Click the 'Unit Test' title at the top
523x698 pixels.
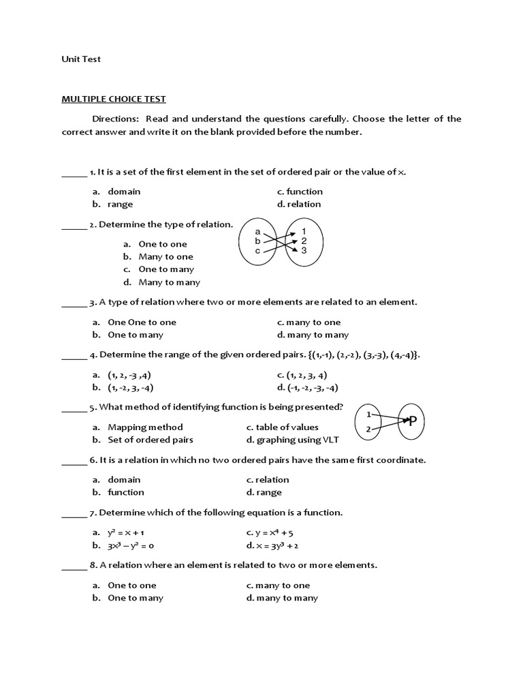pyautogui.click(x=81, y=59)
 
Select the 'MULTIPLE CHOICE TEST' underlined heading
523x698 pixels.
pyautogui.click(x=114, y=99)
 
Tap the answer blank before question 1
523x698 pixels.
pyautogui.click(x=74, y=173)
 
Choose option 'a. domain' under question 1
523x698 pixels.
pyautogui.click(x=124, y=192)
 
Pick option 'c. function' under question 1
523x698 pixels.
pyautogui.click(x=300, y=192)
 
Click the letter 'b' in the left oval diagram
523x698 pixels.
pyautogui.click(x=257, y=241)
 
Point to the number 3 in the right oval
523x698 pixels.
pyautogui.click(x=304, y=250)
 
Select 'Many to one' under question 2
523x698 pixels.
pyautogui.click(x=165, y=257)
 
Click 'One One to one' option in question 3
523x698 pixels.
pyautogui.click(x=142, y=322)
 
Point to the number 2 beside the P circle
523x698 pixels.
pyautogui.click(x=368, y=429)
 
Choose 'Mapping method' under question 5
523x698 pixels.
pyautogui.click(x=145, y=427)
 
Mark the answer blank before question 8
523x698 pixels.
pyautogui.click(x=74, y=566)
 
